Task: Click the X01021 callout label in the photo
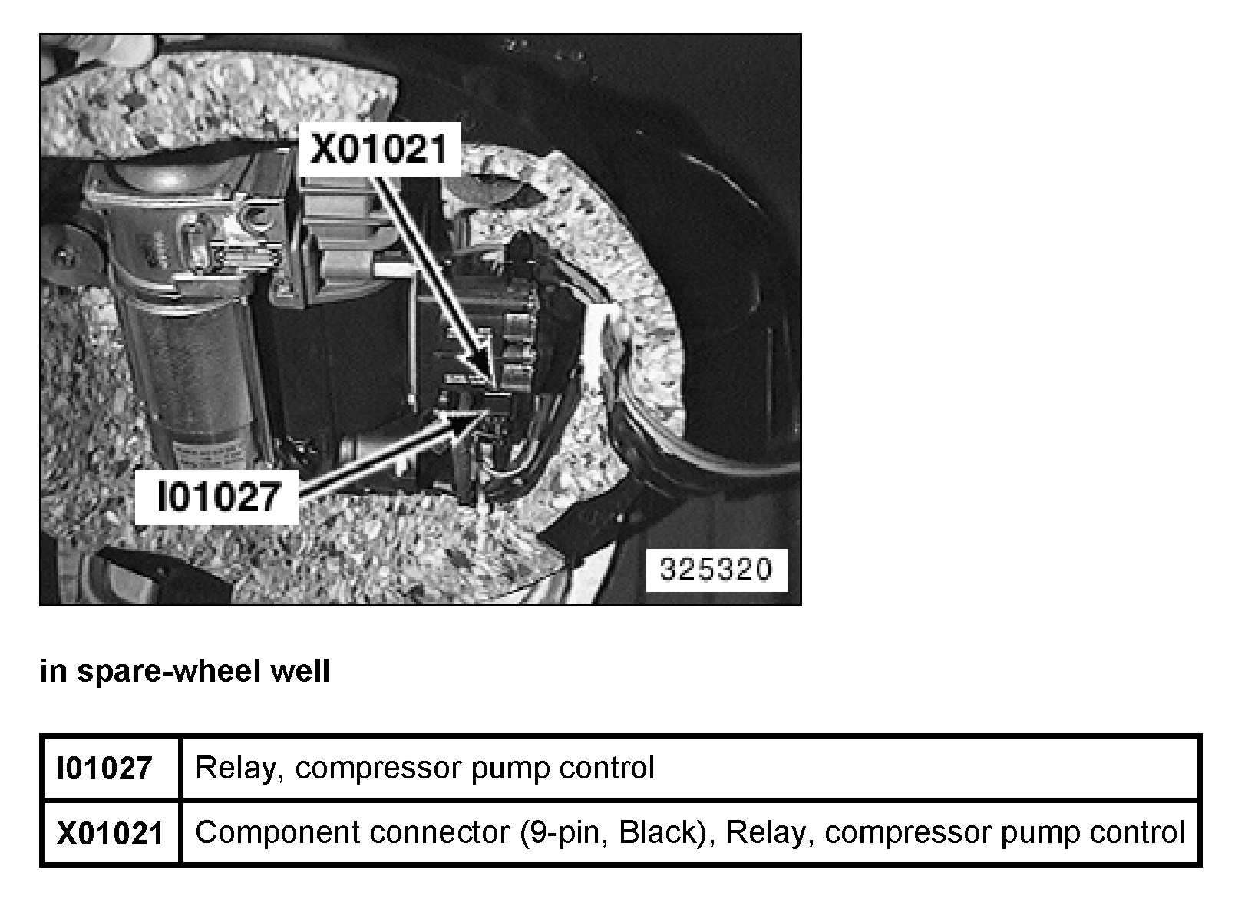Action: [x=378, y=149]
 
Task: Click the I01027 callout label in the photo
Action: [x=216, y=496]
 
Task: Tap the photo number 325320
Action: [x=715, y=570]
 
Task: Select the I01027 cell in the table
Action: [x=105, y=768]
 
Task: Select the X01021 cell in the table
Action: [x=110, y=833]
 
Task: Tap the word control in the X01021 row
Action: [x=1138, y=832]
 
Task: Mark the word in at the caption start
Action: [x=52, y=671]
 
